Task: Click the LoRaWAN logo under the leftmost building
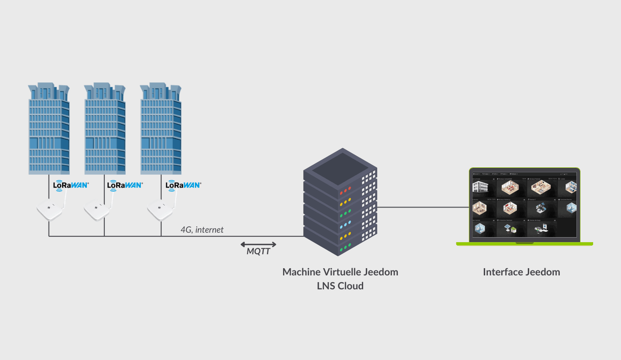[x=71, y=184]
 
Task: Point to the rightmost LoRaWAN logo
[x=183, y=184]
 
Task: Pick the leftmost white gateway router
[x=49, y=211]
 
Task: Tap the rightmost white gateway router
[x=160, y=211]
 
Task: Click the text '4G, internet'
[x=202, y=229]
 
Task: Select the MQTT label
[x=258, y=252]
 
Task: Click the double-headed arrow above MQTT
[x=258, y=244]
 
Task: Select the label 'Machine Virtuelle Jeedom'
[x=340, y=272]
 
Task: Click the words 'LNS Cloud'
[x=340, y=286]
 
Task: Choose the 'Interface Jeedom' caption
[x=522, y=272]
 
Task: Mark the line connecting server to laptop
[x=423, y=207]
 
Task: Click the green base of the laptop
[x=524, y=244]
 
